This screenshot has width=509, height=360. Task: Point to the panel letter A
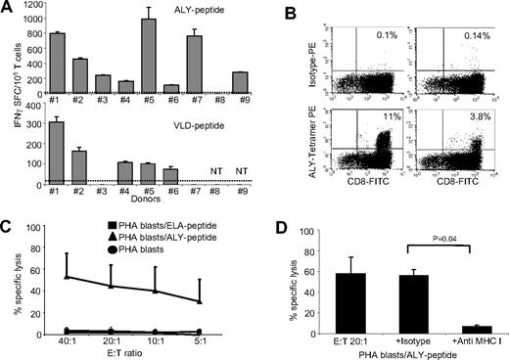click(8, 9)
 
